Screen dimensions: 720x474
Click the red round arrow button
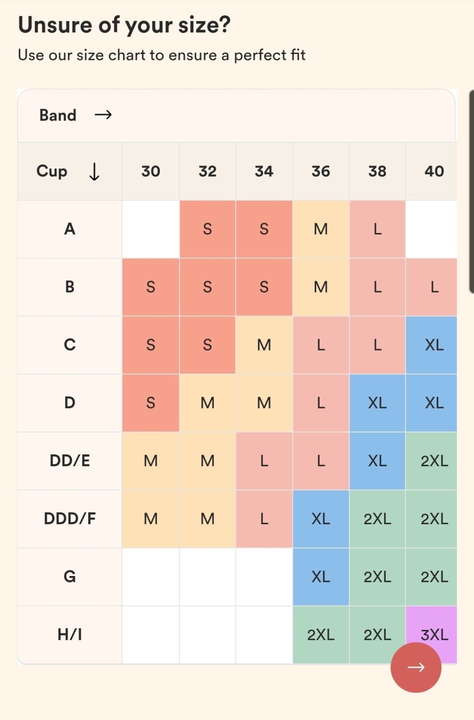pyautogui.click(x=415, y=667)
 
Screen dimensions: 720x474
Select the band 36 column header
pyautogui.click(x=321, y=171)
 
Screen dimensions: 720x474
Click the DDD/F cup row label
pyautogui.click(x=70, y=518)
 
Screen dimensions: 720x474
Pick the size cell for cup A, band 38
pyautogui.click(x=377, y=229)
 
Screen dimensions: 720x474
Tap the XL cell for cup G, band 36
pyautogui.click(x=321, y=576)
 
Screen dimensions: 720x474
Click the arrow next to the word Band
pyautogui.click(x=103, y=115)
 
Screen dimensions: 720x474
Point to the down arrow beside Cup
pyautogui.click(x=94, y=171)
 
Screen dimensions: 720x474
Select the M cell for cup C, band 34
pyautogui.click(x=264, y=345)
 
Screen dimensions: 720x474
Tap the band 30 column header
pyautogui.click(x=151, y=171)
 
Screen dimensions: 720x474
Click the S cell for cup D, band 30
pyautogui.click(x=151, y=403)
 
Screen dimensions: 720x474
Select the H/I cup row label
pyautogui.click(x=70, y=634)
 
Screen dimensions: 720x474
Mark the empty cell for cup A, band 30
pyautogui.click(x=151, y=229)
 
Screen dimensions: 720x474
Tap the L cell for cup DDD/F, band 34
pyautogui.click(x=264, y=518)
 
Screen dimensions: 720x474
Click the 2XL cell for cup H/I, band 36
pyautogui.click(x=321, y=634)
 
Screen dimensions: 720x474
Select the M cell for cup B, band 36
pyautogui.click(x=321, y=287)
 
